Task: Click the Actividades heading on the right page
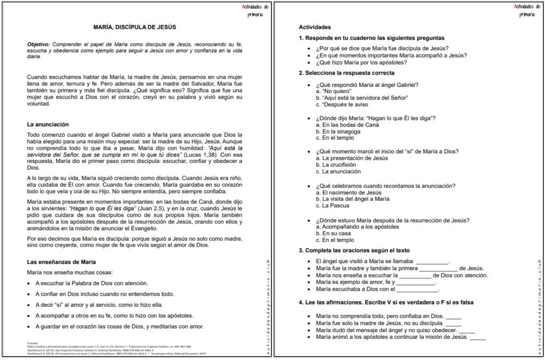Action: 315,27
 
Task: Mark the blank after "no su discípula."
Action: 453,323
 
